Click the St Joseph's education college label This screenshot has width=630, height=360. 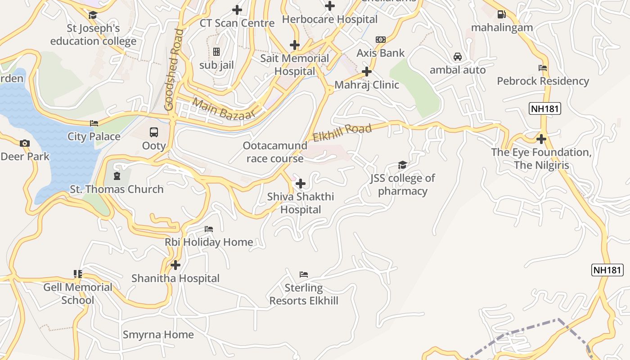tap(93, 35)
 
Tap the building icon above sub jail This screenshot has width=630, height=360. tap(216, 52)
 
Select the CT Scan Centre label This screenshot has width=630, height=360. tap(237, 23)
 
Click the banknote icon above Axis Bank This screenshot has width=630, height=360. tap(381, 40)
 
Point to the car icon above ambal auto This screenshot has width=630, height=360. tap(458, 57)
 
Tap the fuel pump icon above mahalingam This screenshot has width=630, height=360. tap(502, 14)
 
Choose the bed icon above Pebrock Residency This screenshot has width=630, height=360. tap(543, 68)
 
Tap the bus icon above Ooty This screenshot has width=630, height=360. tap(154, 132)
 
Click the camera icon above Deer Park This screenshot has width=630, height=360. tap(25, 144)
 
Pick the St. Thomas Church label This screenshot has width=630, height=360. tap(117, 189)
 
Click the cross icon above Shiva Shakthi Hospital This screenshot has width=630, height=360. tap(301, 184)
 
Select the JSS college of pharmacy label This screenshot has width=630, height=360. tap(403, 184)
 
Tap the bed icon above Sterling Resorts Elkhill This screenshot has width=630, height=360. tap(304, 274)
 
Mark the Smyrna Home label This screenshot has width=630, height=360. tap(158, 335)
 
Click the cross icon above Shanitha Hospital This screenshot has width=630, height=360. tap(175, 265)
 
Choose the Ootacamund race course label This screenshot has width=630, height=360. tap(275, 152)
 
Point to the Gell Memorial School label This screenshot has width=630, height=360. tap(78, 293)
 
